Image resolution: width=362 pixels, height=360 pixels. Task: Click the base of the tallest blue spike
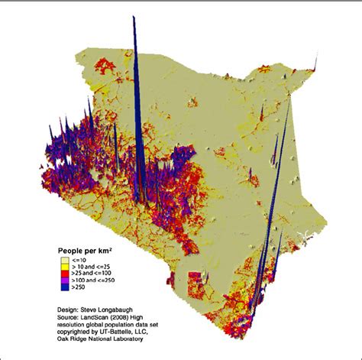tap(138, 200)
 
